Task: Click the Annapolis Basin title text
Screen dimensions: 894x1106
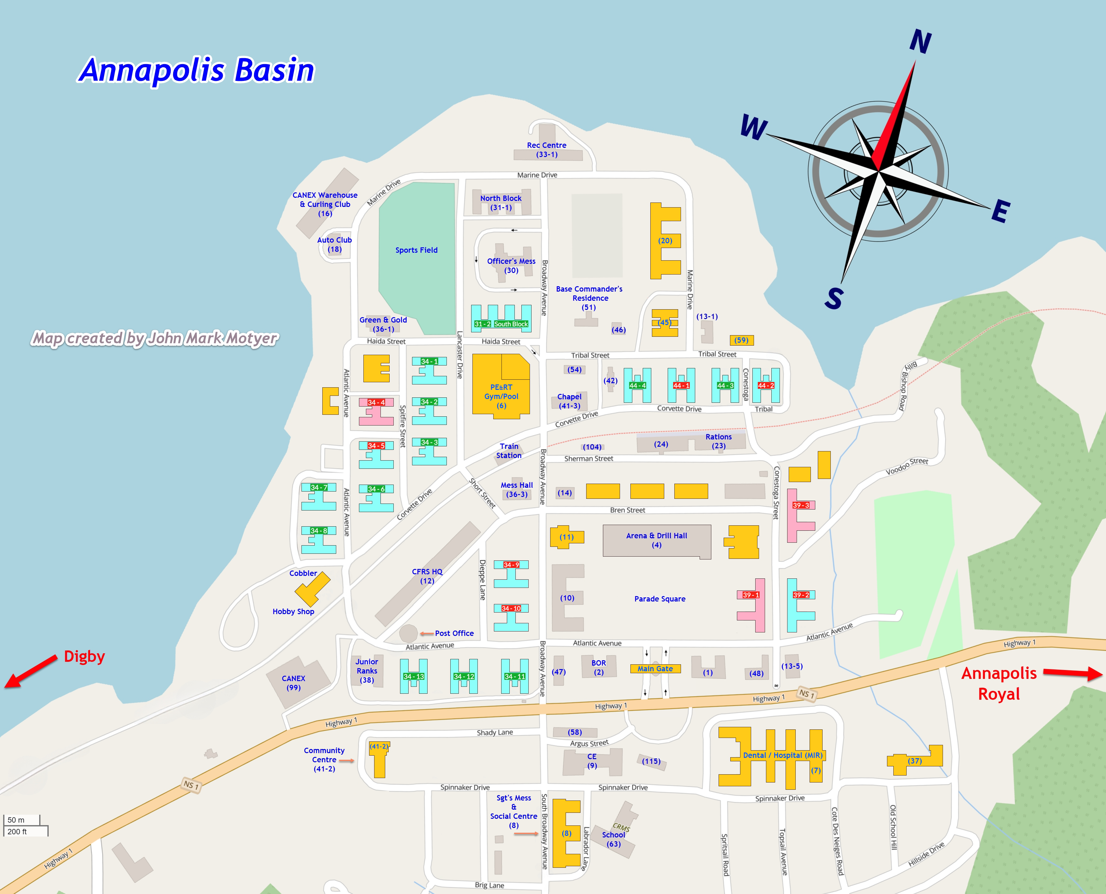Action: [x=197, y=70]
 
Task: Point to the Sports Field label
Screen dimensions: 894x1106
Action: [x=416, y=250]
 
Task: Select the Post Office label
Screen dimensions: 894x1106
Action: [x=454, y=633]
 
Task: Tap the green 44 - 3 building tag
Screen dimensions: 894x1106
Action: [x=725, y=386]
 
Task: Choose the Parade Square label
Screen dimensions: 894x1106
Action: [x=659, y=599]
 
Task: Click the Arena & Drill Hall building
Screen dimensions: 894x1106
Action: [x=656, y=541]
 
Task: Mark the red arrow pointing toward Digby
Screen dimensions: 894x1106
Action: [x=31, y=672]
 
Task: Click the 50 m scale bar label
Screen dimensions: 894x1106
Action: [x=16, y=820]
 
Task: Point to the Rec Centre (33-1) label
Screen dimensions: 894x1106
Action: [x=547, y=150]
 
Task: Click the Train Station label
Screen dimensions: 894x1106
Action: [x=509, y=451]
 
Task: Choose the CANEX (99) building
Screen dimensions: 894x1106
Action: [x=296, y=682]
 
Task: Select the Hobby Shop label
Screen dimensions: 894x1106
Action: [x=293, y=612]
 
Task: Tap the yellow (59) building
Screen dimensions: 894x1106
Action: [x=741, y=341]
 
